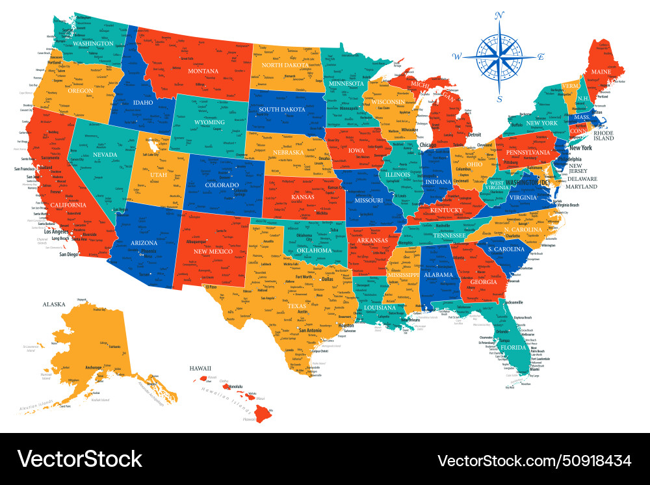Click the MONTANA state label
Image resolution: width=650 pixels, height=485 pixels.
click(x=203, y=71)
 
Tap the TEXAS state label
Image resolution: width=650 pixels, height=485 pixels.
click(x=296, y=306)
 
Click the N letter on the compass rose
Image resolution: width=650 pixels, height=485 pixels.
click(x=500, y=15)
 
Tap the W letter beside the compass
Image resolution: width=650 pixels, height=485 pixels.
click(x=457, y=57)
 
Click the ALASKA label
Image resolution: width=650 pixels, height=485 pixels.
click(x=55, y=304)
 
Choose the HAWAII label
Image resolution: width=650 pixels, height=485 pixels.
click(x=201, y=369)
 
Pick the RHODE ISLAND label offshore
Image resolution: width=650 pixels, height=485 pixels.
click(x=604, y=135)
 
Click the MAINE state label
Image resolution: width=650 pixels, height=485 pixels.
click(x=601, y=72)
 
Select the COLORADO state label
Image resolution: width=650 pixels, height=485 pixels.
click(x=222, y=184)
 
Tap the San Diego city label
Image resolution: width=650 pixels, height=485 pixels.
click(x=68, y=254)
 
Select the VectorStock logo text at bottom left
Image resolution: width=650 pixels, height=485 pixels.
click(x=79, y=459)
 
